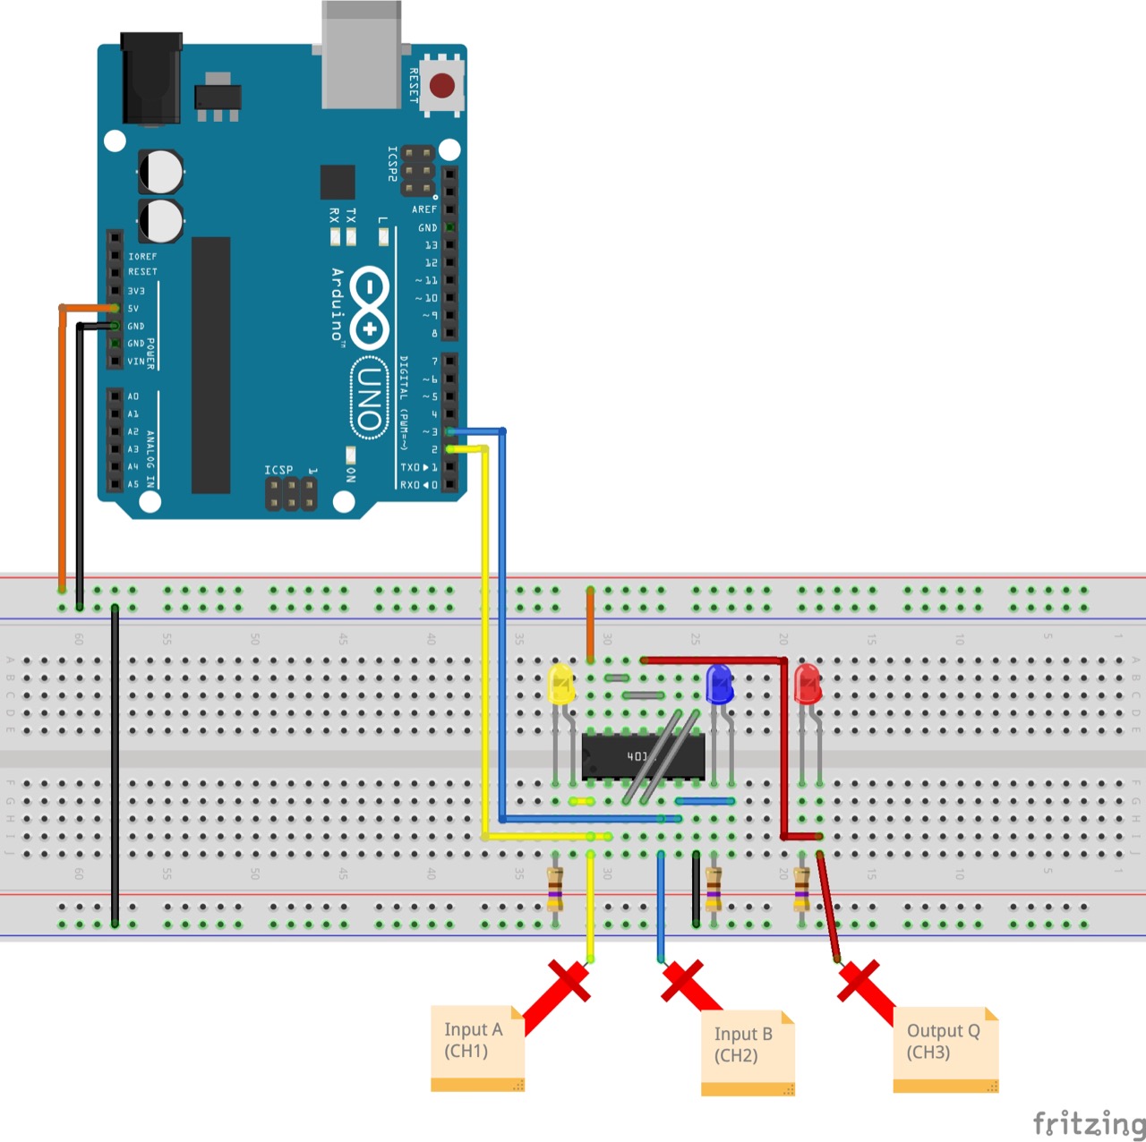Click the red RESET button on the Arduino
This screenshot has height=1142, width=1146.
442,85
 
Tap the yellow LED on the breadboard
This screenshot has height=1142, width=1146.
560,684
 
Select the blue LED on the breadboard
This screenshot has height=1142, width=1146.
720,684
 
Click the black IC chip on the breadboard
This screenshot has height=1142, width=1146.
642,757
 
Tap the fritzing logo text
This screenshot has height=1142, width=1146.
1088,1122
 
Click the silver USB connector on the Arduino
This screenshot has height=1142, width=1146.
361,54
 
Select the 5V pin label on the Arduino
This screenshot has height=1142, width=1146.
133,309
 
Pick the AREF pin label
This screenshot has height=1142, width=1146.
424,209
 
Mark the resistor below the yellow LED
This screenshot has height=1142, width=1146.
555,888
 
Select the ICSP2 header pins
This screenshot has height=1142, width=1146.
417,171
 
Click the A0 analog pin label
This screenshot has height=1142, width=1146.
133,396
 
